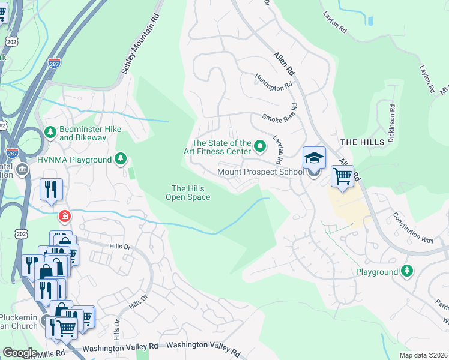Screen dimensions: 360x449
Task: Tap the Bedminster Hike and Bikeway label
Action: point(83,133)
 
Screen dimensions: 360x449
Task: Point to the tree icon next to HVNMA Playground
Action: point(121,159)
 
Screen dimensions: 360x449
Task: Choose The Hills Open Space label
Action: point(188,193)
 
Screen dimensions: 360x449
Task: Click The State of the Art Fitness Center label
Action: point(221,147)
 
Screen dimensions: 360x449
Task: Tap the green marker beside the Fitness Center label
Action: point(260,146)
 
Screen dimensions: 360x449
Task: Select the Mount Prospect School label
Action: point(261,172)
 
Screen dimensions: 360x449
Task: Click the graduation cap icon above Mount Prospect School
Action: point(314,158)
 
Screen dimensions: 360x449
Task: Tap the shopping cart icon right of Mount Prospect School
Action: point(342,176)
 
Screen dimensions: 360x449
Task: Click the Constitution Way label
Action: point(413,227)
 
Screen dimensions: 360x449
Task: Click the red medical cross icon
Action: point(63,215)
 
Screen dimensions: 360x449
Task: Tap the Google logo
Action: point(19,353)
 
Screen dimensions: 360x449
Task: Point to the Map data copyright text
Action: point(423,355)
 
